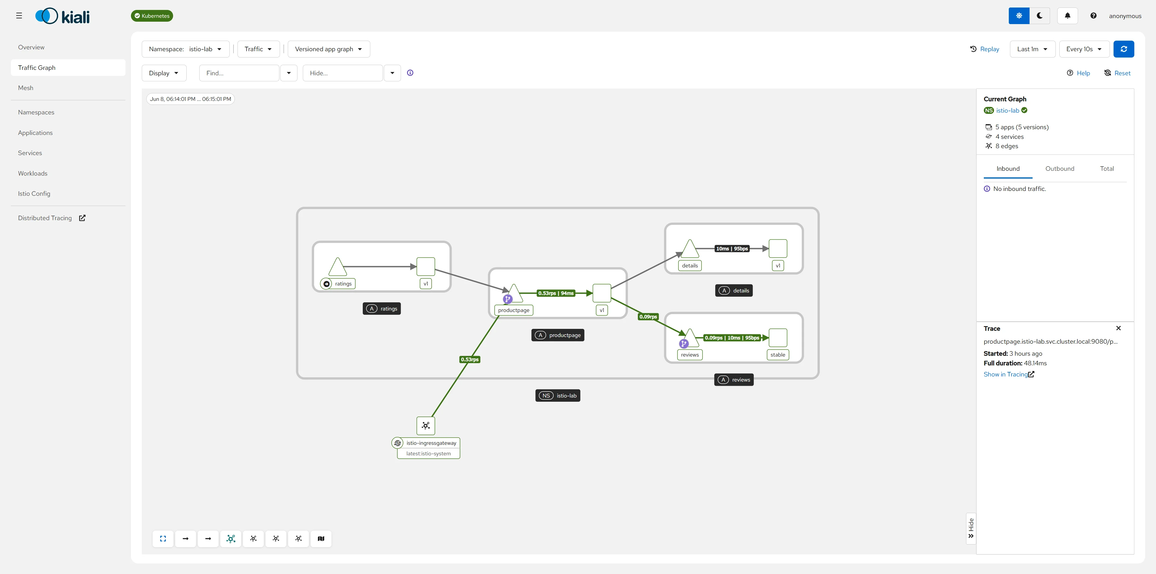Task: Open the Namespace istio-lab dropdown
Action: point(185,49)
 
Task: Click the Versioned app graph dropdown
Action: point(328,49)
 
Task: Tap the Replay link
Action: point(985,49)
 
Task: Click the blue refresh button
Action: point(1124,49)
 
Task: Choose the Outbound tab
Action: point(1060,169)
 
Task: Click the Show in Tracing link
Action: point(1009,374)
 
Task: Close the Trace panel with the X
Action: point(1118,328)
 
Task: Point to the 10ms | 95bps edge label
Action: point(732,249)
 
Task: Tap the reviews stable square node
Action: point(778,338)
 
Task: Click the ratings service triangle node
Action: point(337,267)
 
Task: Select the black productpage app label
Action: point(558,335)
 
